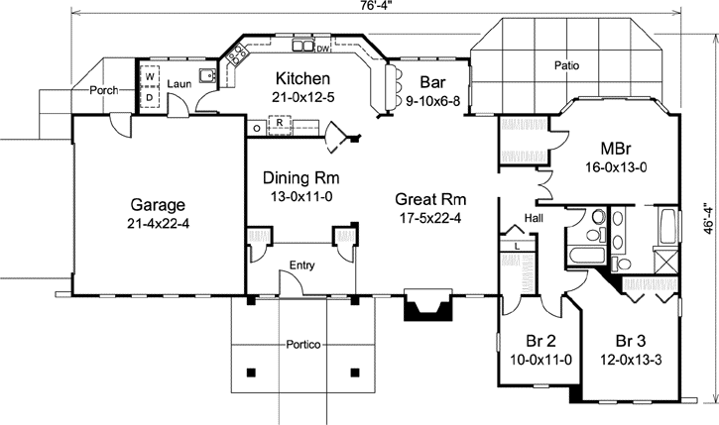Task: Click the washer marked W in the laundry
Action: pos(150,76)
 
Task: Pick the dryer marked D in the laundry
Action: pos(150,97)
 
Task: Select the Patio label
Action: pos(568,66)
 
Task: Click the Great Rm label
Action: pos(426,196)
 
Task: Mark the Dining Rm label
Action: pos(300,177)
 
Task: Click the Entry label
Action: pos(302,265)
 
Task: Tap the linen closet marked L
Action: pos(519,245)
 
